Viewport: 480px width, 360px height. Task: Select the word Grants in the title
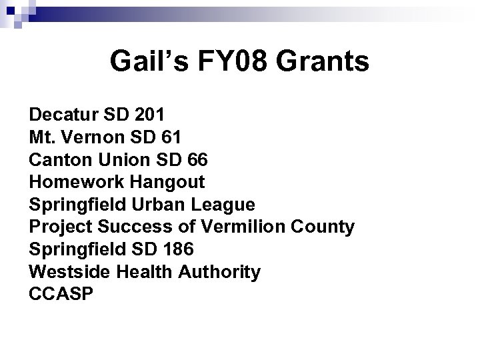pyautogui.click(x=323, y=62)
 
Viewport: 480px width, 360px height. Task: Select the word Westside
pyautogui.click(x=61, y=272)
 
